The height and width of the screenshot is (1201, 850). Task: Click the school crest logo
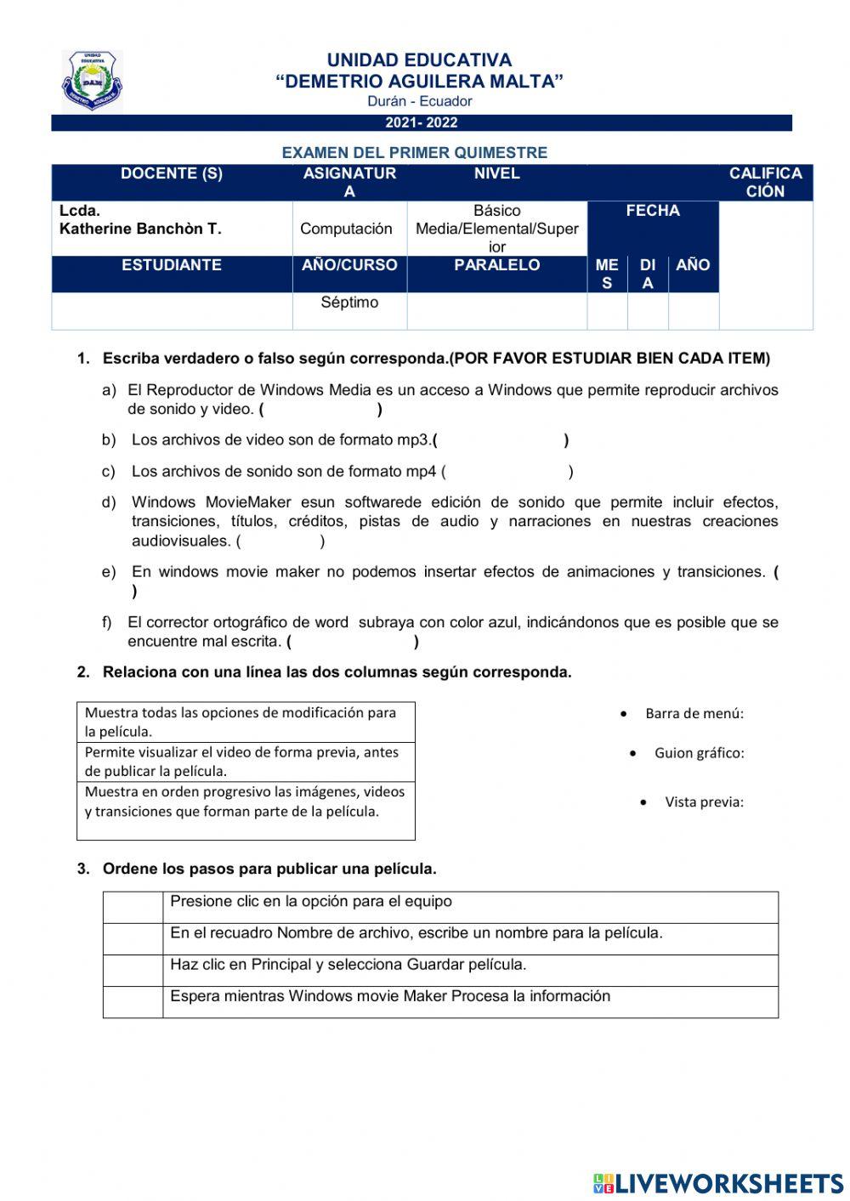[92, 81]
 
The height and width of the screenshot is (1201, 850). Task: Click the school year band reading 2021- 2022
[422, 123]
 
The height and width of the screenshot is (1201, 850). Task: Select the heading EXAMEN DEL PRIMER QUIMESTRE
[415, 153]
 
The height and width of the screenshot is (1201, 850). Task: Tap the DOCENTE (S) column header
[172, 174]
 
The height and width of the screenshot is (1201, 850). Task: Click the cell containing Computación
[346, 229]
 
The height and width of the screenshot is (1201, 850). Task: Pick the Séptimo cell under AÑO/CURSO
[349, 303]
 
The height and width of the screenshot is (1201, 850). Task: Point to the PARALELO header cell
[496, 265]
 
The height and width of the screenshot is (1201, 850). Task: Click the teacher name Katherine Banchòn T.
[140, 229]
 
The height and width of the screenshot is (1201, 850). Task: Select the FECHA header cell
[652, 211]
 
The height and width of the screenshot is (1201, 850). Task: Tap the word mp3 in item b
[414, 440]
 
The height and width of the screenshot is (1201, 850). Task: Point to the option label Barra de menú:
[694, 714]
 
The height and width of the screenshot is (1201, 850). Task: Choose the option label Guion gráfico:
[699, 753]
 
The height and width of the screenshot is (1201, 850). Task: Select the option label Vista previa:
[704, 802]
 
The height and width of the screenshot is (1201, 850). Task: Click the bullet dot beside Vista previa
[645, 802]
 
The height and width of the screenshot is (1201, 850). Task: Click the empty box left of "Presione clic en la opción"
[133, 908]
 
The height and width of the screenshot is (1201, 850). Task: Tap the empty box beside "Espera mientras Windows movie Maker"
[133, 1002]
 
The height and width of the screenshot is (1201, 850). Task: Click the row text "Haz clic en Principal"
[348, 965]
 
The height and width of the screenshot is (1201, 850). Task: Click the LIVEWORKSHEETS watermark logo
[718, 1183]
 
